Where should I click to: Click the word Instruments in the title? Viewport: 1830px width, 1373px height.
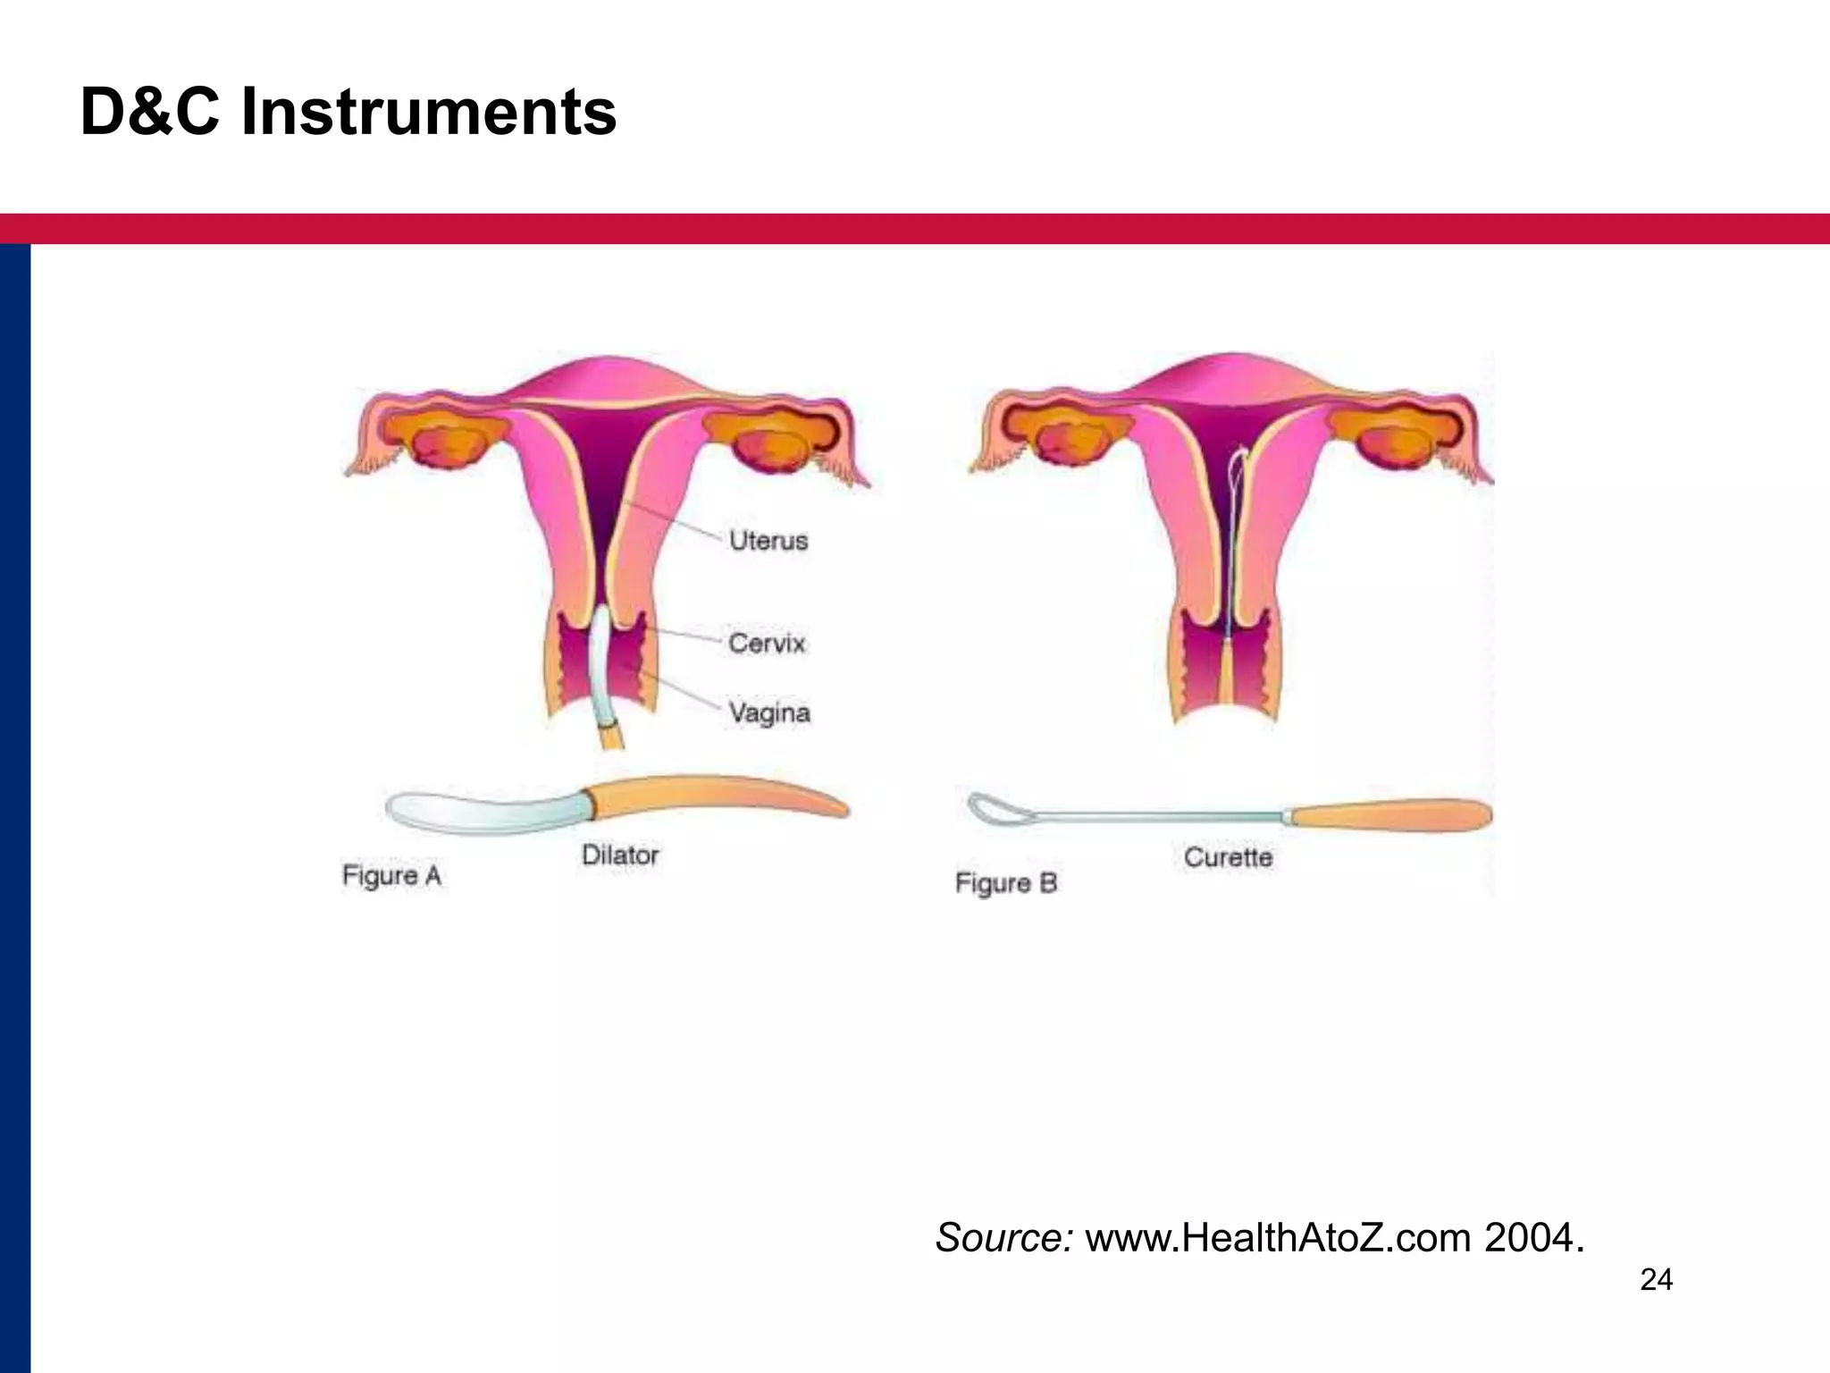tap(429, 113)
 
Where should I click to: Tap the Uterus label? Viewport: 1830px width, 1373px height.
tap(768, 541)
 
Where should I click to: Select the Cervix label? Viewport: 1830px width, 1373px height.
tap(767, 643)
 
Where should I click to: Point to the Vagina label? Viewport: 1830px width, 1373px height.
tap(768, 712)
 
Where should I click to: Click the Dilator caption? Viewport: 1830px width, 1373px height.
tap(620, 855)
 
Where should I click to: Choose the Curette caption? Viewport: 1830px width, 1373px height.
tap(1228, 857)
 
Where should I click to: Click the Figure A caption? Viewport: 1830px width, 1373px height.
tap(391, 875)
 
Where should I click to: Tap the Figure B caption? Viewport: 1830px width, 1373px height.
tap(1006, 883)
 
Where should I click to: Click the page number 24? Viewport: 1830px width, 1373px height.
tap(1656, 1280)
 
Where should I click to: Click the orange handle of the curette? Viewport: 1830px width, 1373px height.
tap(1389, 814)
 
